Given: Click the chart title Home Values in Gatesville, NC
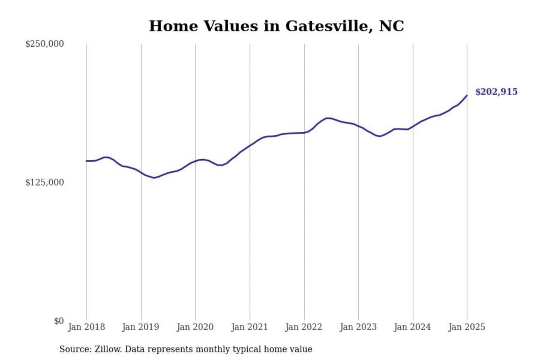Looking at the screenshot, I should [276, 26].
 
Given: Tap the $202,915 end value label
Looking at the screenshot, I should [496, 92].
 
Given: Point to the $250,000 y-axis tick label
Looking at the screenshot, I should [44, 44].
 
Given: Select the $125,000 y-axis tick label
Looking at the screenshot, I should [44, 183].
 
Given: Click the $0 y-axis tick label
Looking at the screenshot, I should [59, 321].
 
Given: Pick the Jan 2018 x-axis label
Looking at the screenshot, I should [86, 327].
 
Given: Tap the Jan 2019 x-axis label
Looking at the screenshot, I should [141, 327].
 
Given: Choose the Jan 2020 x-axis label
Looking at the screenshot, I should [195, 327].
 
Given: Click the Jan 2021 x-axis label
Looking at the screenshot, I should [249, 327].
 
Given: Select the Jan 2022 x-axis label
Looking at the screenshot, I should [304, 327].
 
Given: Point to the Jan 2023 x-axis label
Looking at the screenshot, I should [358, 327].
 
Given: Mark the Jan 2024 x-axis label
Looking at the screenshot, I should [412, 327].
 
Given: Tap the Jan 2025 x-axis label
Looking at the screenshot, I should [467, 327].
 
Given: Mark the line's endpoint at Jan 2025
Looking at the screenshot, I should [467, 96].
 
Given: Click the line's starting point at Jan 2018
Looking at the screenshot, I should [87, 161].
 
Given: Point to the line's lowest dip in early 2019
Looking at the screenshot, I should [154, 178].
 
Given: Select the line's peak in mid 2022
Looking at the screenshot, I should [328, 118].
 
